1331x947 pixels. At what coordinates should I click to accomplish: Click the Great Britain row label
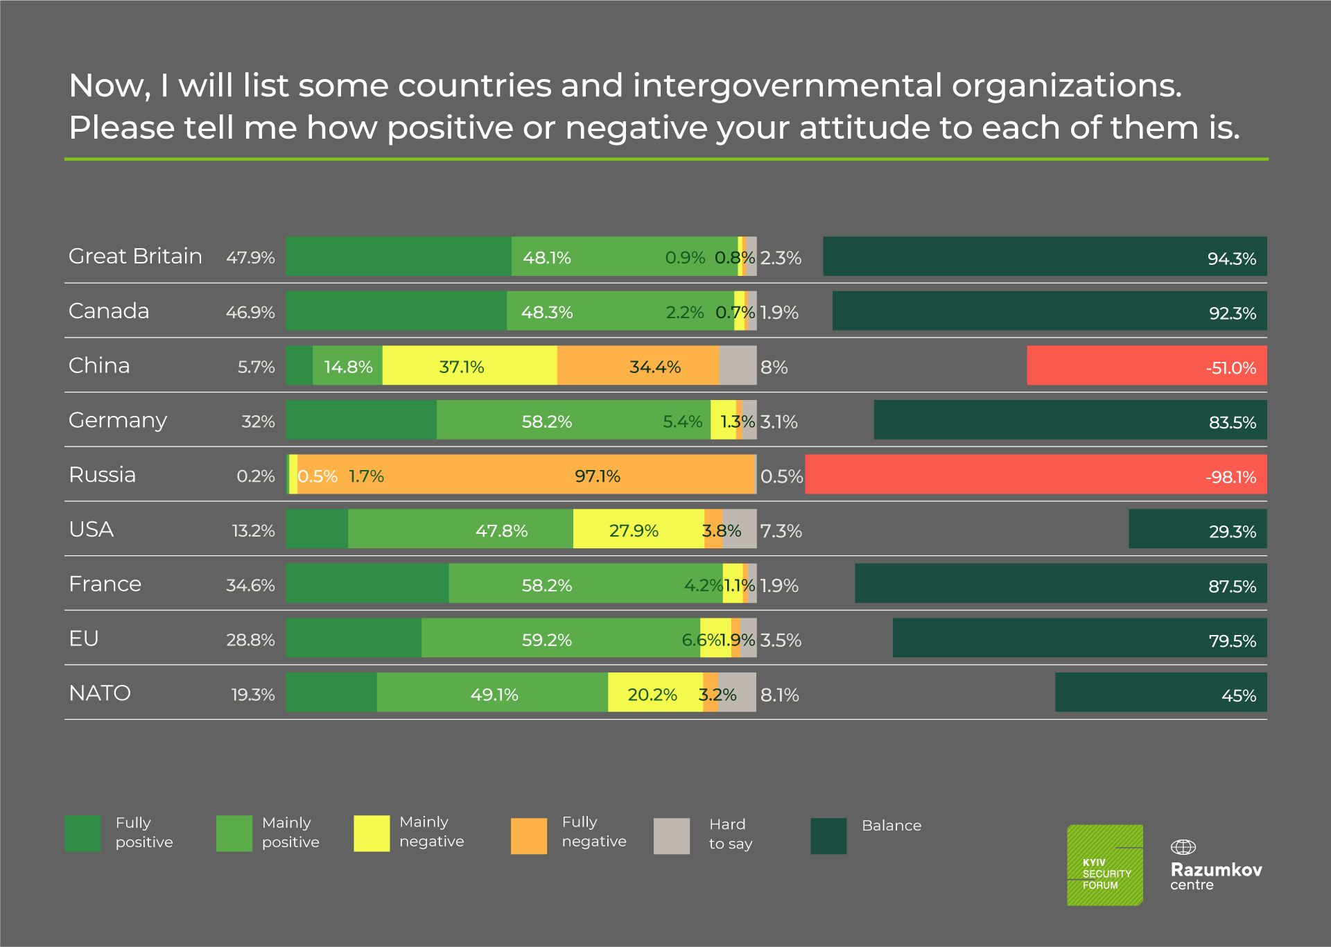(x=135, y=257)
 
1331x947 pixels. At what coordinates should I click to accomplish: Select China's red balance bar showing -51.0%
(x=1146, y=365)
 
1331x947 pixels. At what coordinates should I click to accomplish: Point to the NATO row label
(x=100, y=693)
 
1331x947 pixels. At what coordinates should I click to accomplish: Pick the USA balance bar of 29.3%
(x=1197, y=529)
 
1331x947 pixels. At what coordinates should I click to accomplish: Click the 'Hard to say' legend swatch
(x=671, y=835)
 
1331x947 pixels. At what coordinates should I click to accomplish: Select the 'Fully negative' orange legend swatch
(x=528, y=835)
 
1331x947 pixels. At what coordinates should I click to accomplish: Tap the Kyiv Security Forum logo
(x=1105, y=865)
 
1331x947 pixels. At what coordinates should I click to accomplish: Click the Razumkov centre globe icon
(x=1183, y=847)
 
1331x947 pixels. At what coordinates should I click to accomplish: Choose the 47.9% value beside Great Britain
(x=250, y=258)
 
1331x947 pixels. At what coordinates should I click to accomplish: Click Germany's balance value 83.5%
(x=1232, y=422)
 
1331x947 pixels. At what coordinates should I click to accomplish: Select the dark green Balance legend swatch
(x=828, y=835)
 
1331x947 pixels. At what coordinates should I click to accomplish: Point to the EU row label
(x=84, y=638)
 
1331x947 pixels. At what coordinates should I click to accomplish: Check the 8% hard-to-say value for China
(x=774, y=367)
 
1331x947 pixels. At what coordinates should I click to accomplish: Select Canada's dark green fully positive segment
(x=396, y=311)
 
